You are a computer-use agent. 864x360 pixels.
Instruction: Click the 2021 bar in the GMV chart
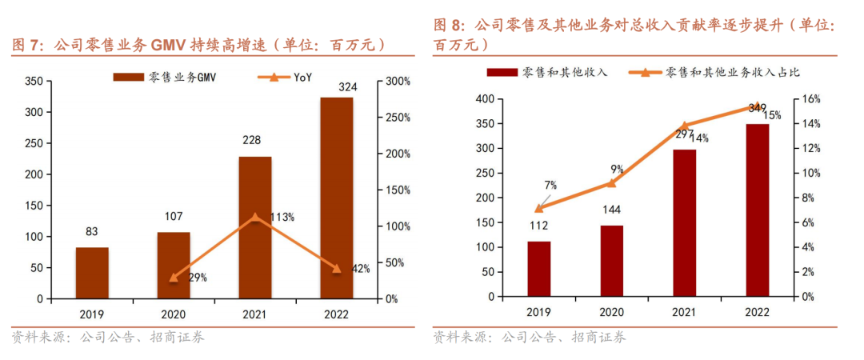click(x=255, y=228)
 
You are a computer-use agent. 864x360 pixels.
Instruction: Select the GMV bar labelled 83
click(x=92, y=274)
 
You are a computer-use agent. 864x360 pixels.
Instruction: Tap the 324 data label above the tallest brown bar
click(x=337, y=87)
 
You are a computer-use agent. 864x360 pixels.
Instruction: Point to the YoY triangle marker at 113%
click(x=254, y=217)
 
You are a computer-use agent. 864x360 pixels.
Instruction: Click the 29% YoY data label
click(x=197, y=278)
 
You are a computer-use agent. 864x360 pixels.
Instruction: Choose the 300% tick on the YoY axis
click(x=398, y=81)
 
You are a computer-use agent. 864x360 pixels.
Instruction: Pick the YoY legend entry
click(x=285, y=77)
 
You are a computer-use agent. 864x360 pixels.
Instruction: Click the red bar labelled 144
click(x=612, y=261)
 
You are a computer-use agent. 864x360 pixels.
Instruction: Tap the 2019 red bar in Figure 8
click(x=539, y=269)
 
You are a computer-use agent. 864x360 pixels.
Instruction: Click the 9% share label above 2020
click(x=617, y=169)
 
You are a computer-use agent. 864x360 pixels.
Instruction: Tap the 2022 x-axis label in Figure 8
click(x=757, y=313)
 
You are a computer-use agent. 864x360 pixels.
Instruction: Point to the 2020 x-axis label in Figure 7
click(x=173, y=314)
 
